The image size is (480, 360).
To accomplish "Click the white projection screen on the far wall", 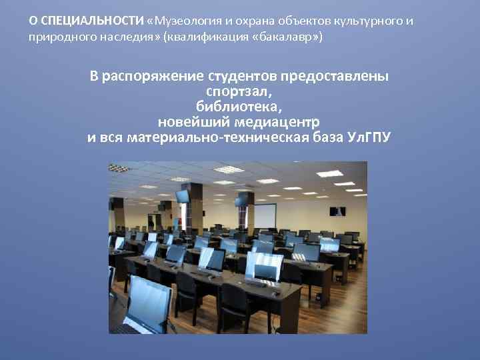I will pos(266,214).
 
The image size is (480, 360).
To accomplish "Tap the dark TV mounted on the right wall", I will pos(337,211).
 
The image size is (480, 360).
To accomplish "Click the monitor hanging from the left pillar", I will pos(183,197).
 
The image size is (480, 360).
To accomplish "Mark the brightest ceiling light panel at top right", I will pos(330,173).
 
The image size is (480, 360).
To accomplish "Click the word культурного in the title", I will pos(371,21).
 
